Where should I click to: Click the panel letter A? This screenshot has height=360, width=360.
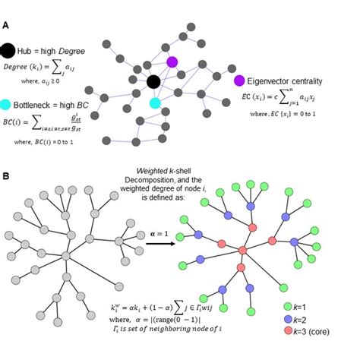pyautogui.click(x=6, y=25)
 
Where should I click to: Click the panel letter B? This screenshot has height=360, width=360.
pyautogui.click(x=6, y=176)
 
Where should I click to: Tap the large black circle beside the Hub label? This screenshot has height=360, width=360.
pyautogui.click(x=8, y=50)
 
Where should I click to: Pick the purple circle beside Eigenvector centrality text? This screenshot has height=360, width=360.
pyautogui.click(x=240, y=80)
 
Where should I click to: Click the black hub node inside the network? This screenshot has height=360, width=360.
pyautogui.click(x=153, y=81)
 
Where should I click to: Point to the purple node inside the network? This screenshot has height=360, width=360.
pyautogui.click(x=172, y=62)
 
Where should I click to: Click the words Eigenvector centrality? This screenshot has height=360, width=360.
pyautogui.click(x=289, y=80)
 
